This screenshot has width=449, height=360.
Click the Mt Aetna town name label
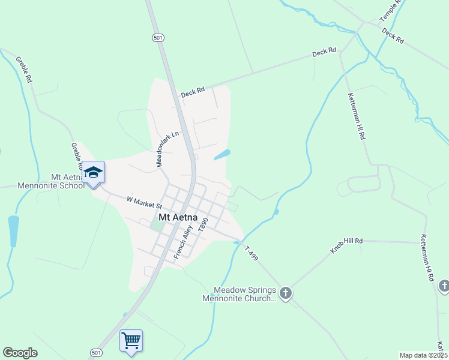tap(179, 217)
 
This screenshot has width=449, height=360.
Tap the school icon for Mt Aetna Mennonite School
tap(93, 173)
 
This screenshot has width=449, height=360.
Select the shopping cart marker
tap(131, 341)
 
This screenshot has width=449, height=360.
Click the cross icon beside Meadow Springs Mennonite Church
tap(286, 293)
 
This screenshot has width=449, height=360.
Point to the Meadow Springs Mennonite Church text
tap(239, 295)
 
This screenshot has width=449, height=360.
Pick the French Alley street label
tap(182, 242)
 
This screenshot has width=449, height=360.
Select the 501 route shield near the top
tap(157, 37)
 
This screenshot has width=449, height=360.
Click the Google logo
tap(20, 353)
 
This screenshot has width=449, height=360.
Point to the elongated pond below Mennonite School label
tap(13, 230)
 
